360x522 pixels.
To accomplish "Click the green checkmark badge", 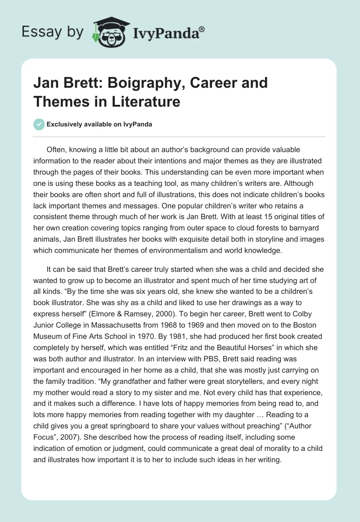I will click(x=39, y=124).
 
